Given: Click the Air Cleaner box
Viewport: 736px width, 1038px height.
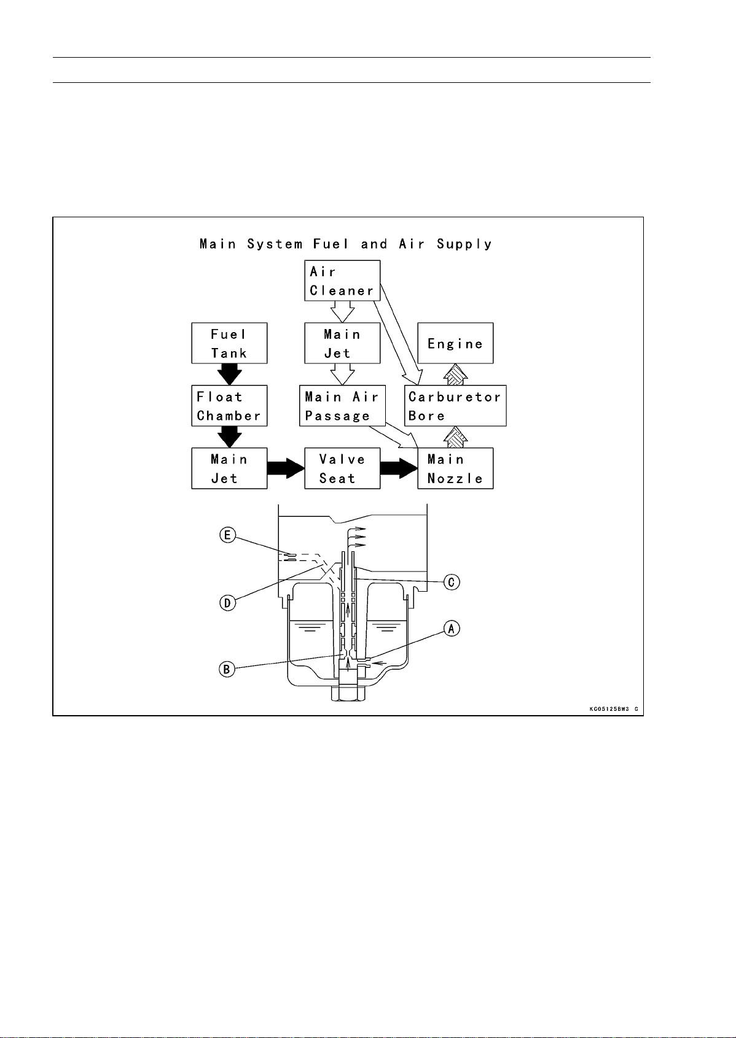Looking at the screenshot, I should (x=342, y=281).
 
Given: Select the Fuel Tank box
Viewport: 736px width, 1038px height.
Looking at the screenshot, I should (x=229, y=343).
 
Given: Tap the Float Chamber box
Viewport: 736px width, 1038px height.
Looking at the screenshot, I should (x=229, y=406).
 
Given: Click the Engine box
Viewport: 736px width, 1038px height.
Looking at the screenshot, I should (x=455, y=343).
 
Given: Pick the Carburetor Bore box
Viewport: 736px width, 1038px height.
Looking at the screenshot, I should (x=455, y=406).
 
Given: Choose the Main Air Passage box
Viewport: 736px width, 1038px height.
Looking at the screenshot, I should (x=342, y=406).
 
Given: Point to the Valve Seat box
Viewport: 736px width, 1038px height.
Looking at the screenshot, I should (x=342, y=468).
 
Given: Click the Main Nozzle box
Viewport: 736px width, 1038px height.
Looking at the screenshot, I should (x=455, y=468).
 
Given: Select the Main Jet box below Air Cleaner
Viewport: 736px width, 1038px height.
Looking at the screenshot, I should (x=342, y=343).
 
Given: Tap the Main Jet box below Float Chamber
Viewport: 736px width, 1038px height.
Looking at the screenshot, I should (x=229, y=468).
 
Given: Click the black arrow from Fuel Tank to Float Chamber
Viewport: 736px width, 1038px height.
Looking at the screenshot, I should (x=229, y=374).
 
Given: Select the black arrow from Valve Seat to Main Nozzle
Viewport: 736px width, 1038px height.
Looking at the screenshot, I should (x=399, y=468).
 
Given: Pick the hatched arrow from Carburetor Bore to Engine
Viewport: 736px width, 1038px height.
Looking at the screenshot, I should (x=455, y=374).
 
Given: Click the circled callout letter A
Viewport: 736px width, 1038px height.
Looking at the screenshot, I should (x=452, y=629).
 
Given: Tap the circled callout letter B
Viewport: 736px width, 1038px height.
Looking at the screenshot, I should (x=227, y=668).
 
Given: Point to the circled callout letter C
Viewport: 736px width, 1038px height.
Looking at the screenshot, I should (x=452, y=581).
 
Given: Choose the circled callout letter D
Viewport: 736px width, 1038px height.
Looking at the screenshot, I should (x=227, y=603).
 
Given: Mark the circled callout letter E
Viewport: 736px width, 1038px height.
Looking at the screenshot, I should (x=227, y=535).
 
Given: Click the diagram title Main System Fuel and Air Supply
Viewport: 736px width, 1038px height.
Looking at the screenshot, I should (x=346, y=244).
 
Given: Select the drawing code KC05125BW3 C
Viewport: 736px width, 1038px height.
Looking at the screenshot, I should (x=614, y=708).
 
